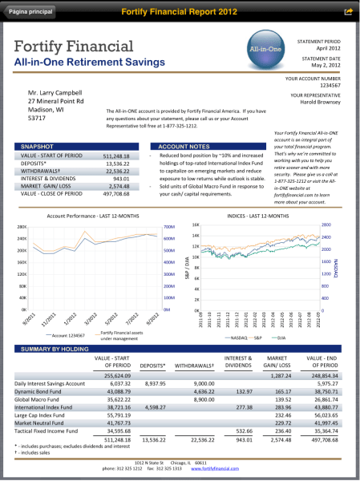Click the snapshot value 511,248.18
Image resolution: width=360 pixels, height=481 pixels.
[x=116, y=156]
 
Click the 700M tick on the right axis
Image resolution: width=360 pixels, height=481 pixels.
[x=168, y=227]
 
